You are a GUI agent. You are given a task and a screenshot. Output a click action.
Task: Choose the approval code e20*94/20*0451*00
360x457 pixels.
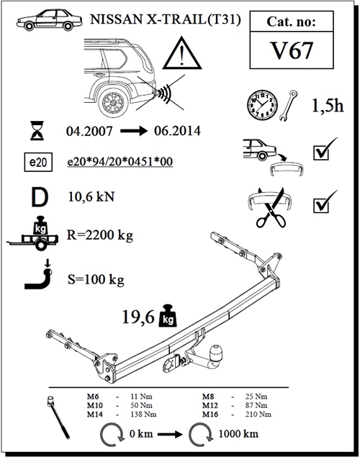(x=119, y=163)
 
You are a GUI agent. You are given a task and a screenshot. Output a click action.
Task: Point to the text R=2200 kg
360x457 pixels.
(x=100, y=235)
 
